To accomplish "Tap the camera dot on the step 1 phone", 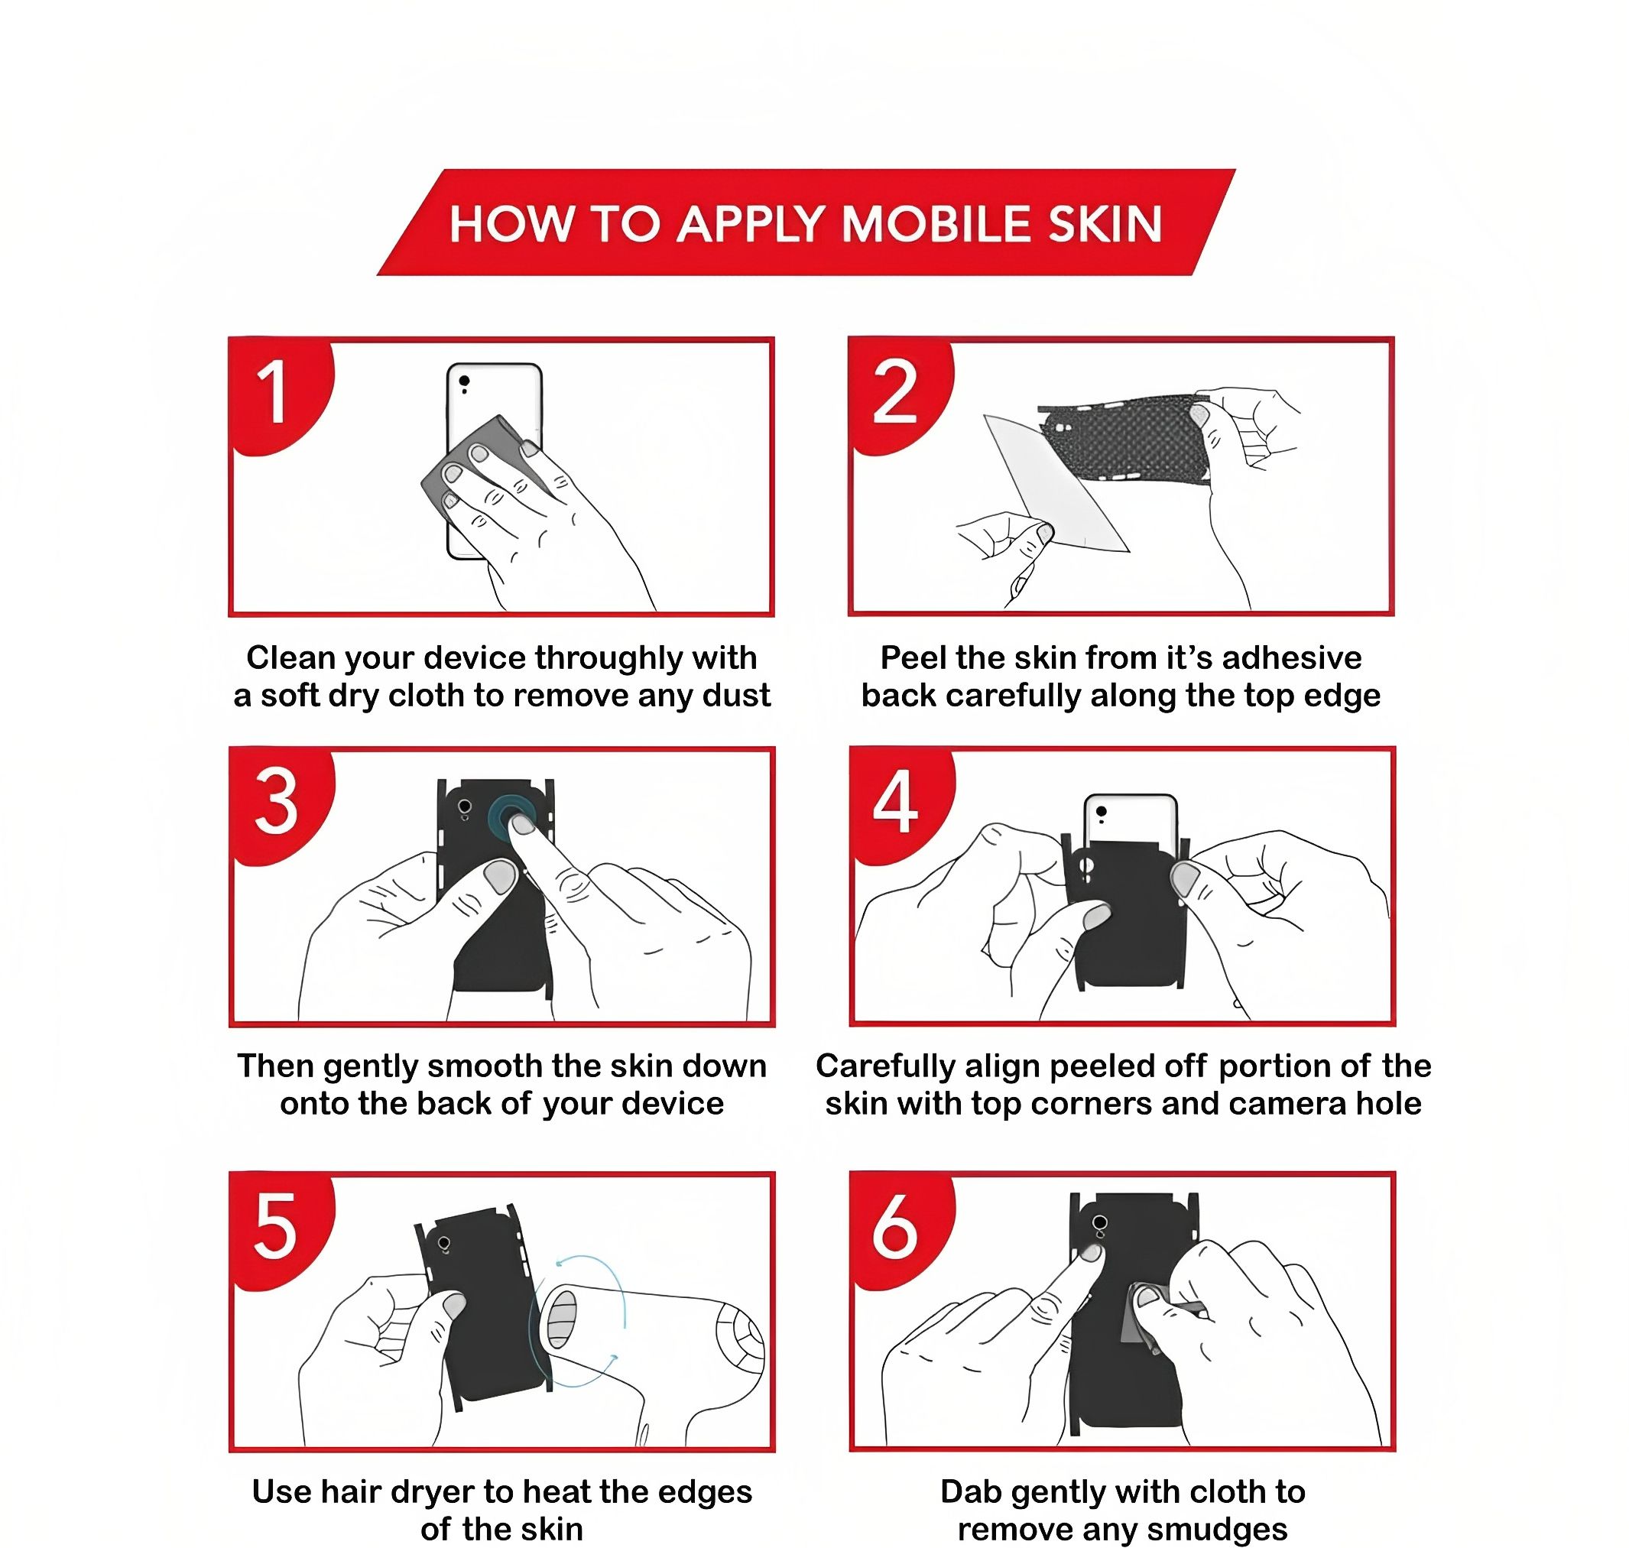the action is pos(465,381).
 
